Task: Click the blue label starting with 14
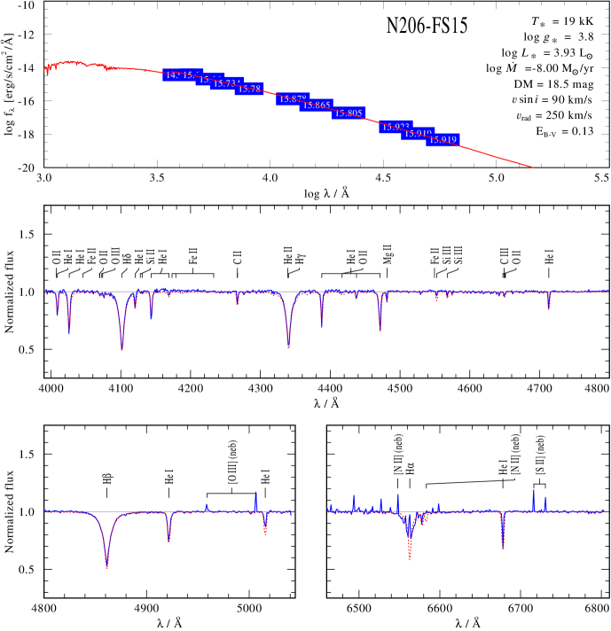[172, 75]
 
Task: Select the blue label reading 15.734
[226, 83]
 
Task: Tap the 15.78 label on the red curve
[249, 89]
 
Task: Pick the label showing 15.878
[291, 99]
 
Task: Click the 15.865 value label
[316, 105]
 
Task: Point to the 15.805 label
[349, 113]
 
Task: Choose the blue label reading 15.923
[395, 128]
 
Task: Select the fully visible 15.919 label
[443, 140]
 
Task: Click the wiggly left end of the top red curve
[47, 69]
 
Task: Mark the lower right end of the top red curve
[531, 166]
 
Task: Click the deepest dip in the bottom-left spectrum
[106, 565]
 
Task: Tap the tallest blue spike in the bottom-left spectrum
[256, 493]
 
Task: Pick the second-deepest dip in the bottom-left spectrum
[168, 539]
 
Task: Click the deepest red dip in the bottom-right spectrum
[410, 557]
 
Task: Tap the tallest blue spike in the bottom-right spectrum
[534, 491]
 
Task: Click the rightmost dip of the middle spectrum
[549, 308]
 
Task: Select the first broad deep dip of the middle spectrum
[121, 348]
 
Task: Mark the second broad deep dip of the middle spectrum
[289, 347]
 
